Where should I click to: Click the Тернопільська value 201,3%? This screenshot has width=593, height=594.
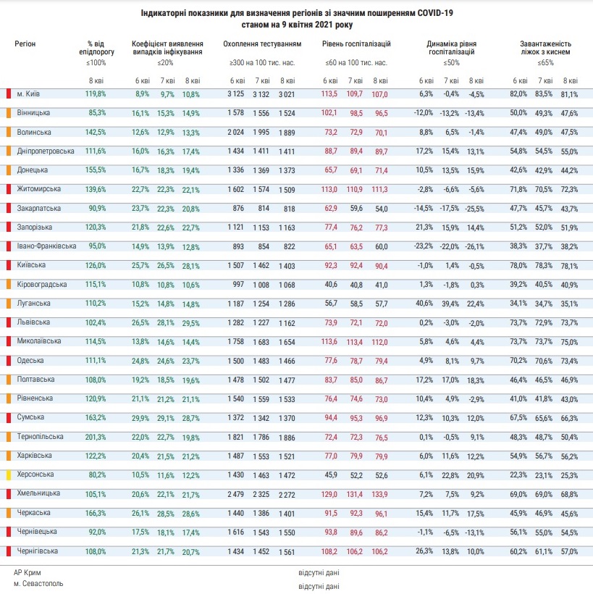96,437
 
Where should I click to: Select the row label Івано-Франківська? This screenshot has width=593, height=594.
46,246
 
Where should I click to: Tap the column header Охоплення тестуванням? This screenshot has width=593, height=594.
262,43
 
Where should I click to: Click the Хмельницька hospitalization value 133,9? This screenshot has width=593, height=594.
379,494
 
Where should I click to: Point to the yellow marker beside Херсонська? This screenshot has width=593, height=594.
9,474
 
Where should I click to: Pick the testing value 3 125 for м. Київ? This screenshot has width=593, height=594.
235,93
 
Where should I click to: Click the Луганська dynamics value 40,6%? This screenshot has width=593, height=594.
424,303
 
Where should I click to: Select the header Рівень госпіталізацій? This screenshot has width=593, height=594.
356,43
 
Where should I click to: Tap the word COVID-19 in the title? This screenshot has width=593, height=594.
435,13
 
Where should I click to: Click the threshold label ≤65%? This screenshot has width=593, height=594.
545,62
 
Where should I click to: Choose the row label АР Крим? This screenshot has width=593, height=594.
28,572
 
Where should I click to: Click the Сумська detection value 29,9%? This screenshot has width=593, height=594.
140,417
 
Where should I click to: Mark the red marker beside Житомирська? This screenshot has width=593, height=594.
9,189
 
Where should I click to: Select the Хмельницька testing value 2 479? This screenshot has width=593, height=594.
235,494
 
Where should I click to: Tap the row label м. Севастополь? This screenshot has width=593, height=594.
38,583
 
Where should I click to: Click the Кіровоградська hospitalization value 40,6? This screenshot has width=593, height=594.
331,284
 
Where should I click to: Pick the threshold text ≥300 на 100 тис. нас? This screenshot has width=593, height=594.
262,62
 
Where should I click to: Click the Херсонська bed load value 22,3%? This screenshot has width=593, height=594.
518,474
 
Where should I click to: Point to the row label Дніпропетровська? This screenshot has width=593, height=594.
46,151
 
